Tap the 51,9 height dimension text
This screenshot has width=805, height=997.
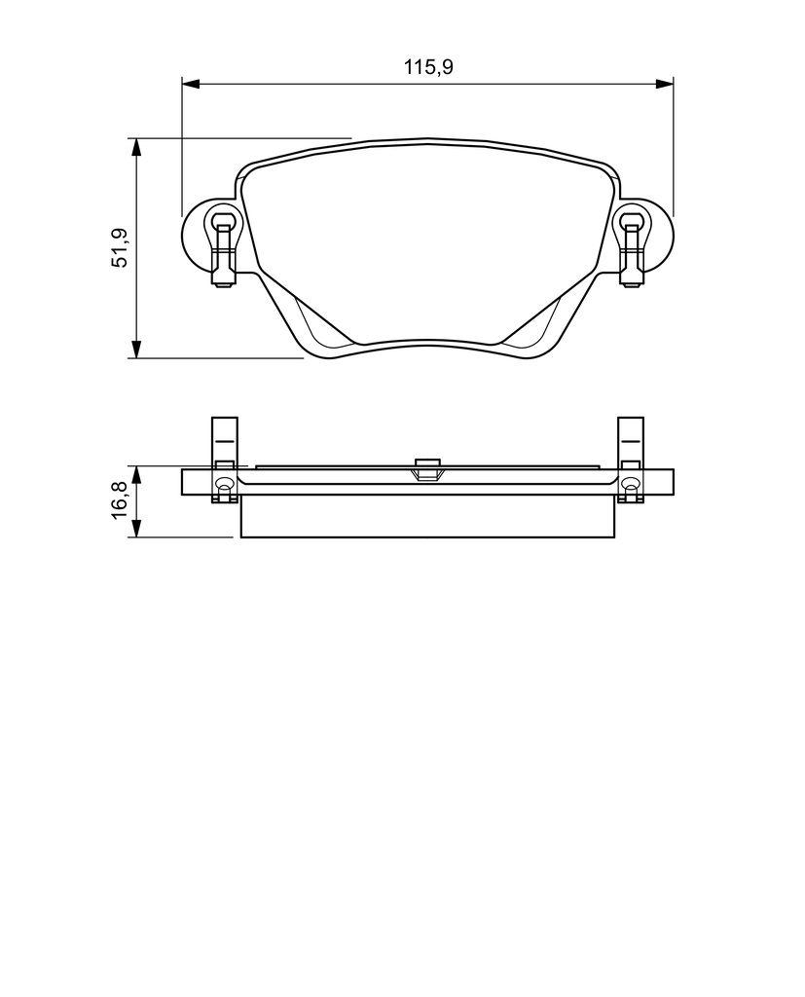[x=119, y=247]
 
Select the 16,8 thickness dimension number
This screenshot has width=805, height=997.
[x=119, y=501]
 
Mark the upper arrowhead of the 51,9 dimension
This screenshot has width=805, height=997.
[x=137, y=146]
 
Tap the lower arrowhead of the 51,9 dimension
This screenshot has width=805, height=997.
[x=137, y=350]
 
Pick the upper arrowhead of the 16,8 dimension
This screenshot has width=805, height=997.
[x=137, y=473]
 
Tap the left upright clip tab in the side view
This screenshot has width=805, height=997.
[x=225, y=438]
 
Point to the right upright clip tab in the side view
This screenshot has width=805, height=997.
[x=631, y=438]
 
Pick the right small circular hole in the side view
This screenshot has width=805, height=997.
[x=630, y=485]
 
